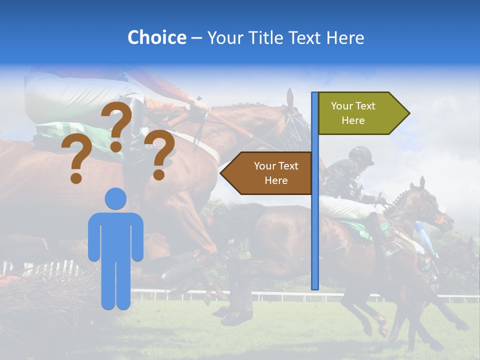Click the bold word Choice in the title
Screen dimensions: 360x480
pos(156,37)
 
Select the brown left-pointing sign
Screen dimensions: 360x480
pos(270,173)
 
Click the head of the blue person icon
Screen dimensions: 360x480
pos(115,198)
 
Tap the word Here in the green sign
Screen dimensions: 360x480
pos(353,120)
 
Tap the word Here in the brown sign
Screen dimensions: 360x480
pos(276,180)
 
